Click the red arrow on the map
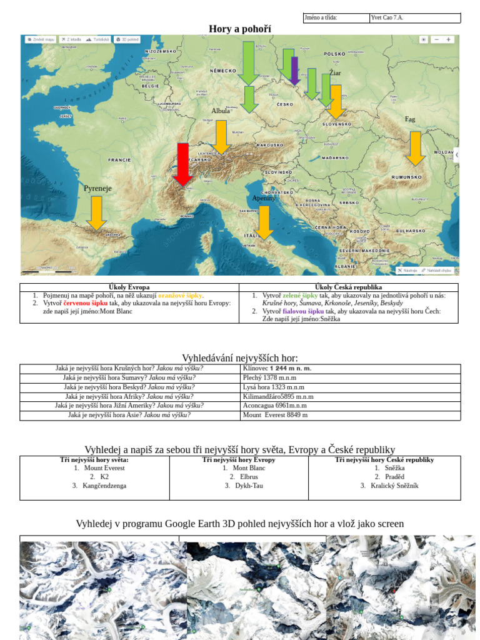[182, 164]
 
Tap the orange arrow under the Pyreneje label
[96, 212]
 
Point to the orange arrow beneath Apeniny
[264, 222]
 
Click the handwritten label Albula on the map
[221, 111]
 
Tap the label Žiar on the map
[335, 73]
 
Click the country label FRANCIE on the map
[119, 160]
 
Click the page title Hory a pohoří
[240, 29]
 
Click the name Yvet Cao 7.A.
[387, 17]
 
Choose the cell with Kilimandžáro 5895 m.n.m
[278, 396]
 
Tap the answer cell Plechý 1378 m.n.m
[269, 377]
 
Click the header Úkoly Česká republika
[348, 287]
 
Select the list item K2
[104, 476]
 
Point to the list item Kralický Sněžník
[394, 486]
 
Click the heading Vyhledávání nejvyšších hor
[240, 357]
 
